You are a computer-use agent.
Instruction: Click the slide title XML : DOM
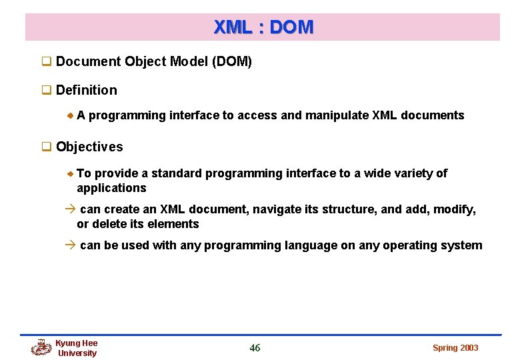(x=263, y=27)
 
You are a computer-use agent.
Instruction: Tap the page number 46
(x=255, y=347)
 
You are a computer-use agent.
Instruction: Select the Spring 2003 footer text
(x=455, y=348)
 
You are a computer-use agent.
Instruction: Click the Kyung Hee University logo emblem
(x=41, y=347)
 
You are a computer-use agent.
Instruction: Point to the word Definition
(x=87, y=90)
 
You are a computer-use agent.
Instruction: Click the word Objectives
(x=89, y=147)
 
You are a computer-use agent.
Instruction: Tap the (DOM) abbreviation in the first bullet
(x=231, y=62)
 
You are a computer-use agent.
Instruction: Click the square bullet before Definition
(x=47, y=91)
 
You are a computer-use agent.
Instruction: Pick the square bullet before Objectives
(x=47, y=147)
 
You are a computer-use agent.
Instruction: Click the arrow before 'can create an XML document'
(x=71, y=209)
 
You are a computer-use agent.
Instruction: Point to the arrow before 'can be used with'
(x=71, y=245)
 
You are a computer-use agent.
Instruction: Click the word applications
(x=111, y=188)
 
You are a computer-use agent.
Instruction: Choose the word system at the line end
(x=462, y=245)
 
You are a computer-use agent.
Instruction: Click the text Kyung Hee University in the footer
(x=77, y=348)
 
